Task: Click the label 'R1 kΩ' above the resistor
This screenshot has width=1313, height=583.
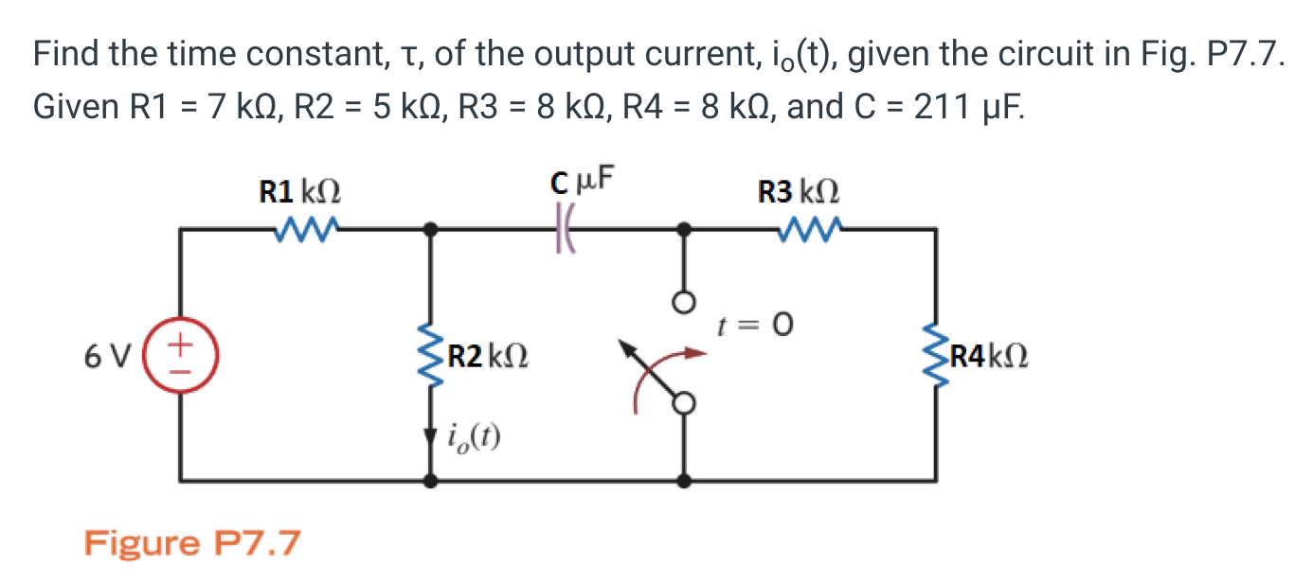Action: tap(300, 193)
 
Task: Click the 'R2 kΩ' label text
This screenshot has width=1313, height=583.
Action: tap(487, 359)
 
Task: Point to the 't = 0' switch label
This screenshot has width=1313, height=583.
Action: tap(754, 326)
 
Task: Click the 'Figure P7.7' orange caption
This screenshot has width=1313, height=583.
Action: tap(192, 544)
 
